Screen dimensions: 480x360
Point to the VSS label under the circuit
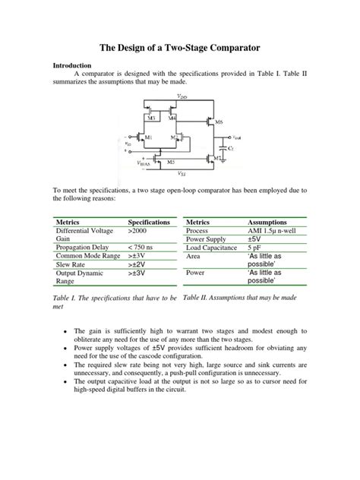pos(180,174)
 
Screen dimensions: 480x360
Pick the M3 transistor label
pos(151,118)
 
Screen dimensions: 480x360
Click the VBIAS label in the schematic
pos(145,163)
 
